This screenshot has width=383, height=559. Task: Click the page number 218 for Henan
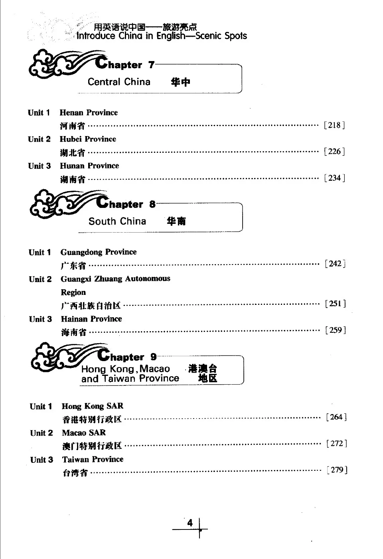click(334, 125)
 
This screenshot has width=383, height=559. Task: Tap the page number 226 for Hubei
click(334, 152)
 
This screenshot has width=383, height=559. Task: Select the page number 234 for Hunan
click(334, 178)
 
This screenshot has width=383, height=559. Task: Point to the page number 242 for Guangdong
click(335, 264)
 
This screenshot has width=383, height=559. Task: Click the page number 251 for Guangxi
click(335, 304)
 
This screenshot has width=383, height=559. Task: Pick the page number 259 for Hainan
click(336, 330)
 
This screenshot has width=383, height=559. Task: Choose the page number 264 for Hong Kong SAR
click(336, 417)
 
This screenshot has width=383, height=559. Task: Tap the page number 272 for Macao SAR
click(337, 443)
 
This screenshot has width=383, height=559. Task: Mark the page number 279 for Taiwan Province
click(337, 470)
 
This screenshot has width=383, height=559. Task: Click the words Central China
click(119, 82)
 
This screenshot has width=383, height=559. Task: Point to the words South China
click(117, 221)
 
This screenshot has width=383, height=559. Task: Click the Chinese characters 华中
click(180, 82)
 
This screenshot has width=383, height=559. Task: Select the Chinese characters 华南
click(176, 221)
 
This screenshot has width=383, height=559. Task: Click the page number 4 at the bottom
click(190, 523)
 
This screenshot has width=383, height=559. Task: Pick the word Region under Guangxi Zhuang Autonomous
click(73, 292)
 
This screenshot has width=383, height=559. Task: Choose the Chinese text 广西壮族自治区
click(91, 306)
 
